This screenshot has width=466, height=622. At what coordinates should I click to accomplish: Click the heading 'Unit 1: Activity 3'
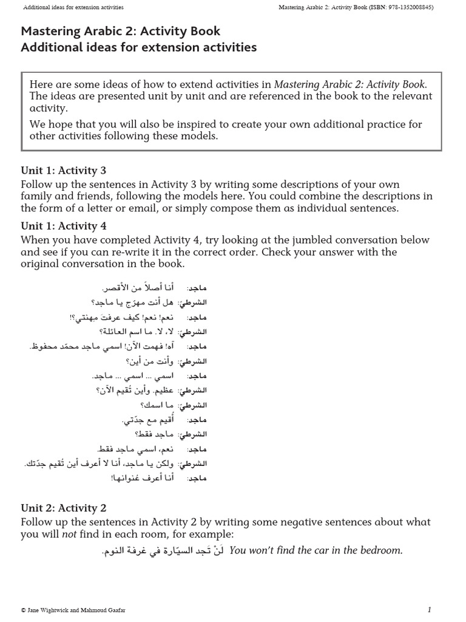point(64,171)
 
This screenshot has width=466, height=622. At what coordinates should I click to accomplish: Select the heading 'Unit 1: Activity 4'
point(64,226)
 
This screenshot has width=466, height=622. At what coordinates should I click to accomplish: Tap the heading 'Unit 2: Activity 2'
point(64,508)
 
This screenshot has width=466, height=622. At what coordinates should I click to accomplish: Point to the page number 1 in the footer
point(429,609)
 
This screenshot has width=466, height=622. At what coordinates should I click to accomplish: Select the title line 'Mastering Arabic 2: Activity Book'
point(121,31)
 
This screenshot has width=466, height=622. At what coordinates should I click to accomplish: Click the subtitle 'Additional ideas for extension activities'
point(139,47)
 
